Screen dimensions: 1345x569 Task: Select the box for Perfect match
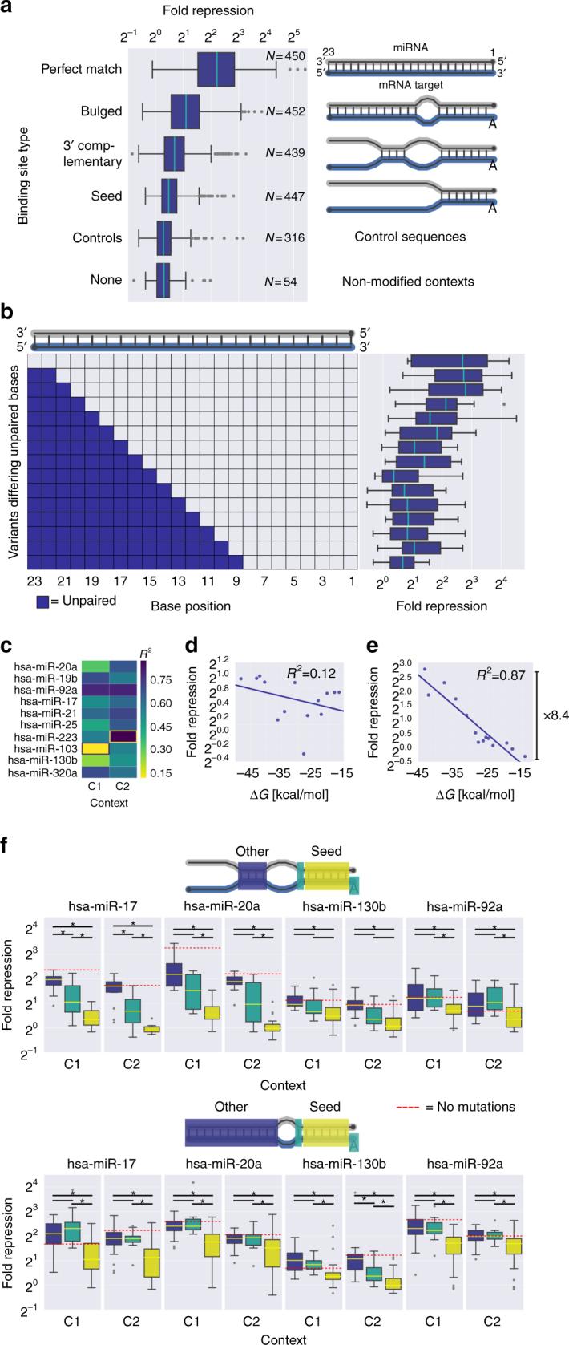click(x=216, y=69)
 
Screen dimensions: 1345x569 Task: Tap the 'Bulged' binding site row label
click(x=101, y=111)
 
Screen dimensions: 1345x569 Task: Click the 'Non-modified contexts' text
click(x=406, y=281)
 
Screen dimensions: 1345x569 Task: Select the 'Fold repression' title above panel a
click(x=208, y=11)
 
